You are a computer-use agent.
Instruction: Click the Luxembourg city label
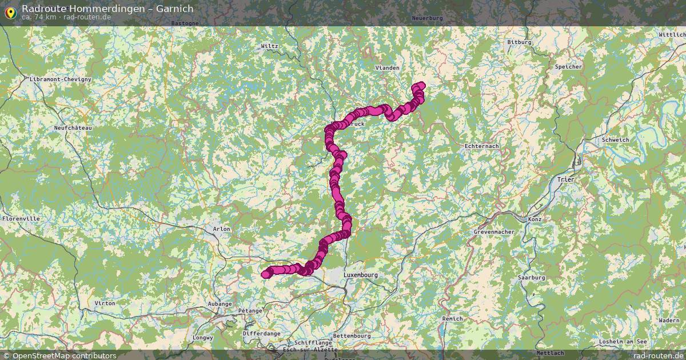361,275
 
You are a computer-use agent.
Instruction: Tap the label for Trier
565,179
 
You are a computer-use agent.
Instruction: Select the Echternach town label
481,146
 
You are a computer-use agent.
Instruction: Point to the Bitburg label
519,42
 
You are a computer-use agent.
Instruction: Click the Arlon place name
221,229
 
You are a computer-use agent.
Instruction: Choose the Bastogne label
185,23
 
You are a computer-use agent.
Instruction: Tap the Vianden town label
387,67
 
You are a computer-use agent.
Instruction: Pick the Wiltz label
269,46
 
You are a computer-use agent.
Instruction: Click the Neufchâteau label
73,128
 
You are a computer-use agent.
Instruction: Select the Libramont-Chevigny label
60,79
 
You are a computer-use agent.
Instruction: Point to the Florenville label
21,218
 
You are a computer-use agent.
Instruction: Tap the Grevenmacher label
494,232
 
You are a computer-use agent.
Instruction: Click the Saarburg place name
531,277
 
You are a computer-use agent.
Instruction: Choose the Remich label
453,318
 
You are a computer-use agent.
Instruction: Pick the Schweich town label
615,140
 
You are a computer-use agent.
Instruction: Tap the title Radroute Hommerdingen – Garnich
107,9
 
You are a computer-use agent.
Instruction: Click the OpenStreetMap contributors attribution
59,355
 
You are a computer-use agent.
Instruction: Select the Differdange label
261,333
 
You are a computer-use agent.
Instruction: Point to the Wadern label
669,321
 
